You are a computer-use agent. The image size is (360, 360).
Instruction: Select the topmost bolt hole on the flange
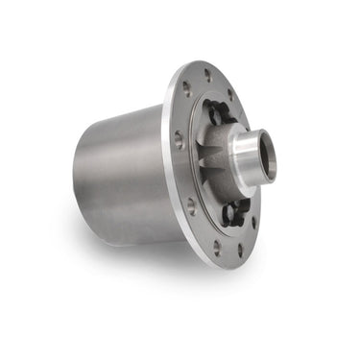[x=206, y=74]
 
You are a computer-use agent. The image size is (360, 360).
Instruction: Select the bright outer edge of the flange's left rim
[x=171, y=163]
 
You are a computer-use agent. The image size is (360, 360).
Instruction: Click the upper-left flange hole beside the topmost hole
[x=187, y=88]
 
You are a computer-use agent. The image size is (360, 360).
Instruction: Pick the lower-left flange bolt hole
[x=191, y=204]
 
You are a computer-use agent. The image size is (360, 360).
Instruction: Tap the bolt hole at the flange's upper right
[x=228, y=94]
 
